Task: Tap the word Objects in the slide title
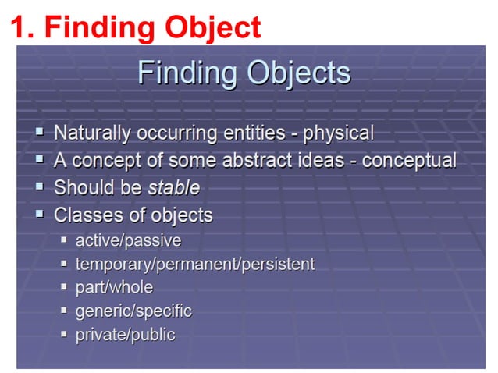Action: click(x=299, y=73)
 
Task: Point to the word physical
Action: click(x=339, y=133)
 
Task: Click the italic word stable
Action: click(x=175, y=188)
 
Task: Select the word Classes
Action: click(x=84, y=215)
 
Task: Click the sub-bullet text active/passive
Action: click(x=128, y=240)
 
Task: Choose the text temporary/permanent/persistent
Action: click(x=194, y=264)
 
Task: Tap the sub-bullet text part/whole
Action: click(x=114, y=287)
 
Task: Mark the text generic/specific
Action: click(x=133, y=311)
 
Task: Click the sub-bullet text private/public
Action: click(x=125, y=335)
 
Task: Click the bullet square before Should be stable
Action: click(x=41, y=187)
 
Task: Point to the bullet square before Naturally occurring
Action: click(x=41, y=133)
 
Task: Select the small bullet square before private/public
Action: click(x=65, y=334)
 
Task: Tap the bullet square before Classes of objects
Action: click(x=41, y=214)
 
